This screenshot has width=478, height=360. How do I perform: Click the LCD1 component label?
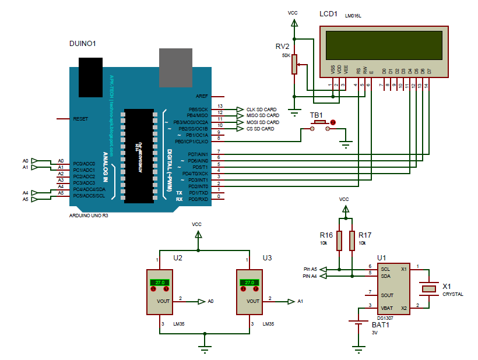(x=328, y=14)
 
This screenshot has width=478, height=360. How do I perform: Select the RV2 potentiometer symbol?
(x=295, y=64)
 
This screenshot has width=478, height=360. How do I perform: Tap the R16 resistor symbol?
(x=340, y=240)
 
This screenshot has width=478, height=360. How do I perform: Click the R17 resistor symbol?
(x=353, y=240)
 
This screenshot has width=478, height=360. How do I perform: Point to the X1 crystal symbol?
(x=430, y=288)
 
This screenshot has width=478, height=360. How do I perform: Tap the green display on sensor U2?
(x=159, y=283)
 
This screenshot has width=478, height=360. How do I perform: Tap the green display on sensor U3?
(x=249, y=283)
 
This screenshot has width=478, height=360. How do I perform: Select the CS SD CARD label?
(x=259, y=129)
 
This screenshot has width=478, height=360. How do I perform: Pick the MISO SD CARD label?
(x=262, y=116)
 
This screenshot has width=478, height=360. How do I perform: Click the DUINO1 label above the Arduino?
(x=82, y=44)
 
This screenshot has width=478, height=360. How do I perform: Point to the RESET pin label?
(x=80, y=119)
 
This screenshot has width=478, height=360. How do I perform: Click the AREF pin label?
(x=202, y=96)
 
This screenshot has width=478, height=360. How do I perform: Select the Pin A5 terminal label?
(x=310, y=269)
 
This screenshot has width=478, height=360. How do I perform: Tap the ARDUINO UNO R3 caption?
(x=89, y=215)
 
